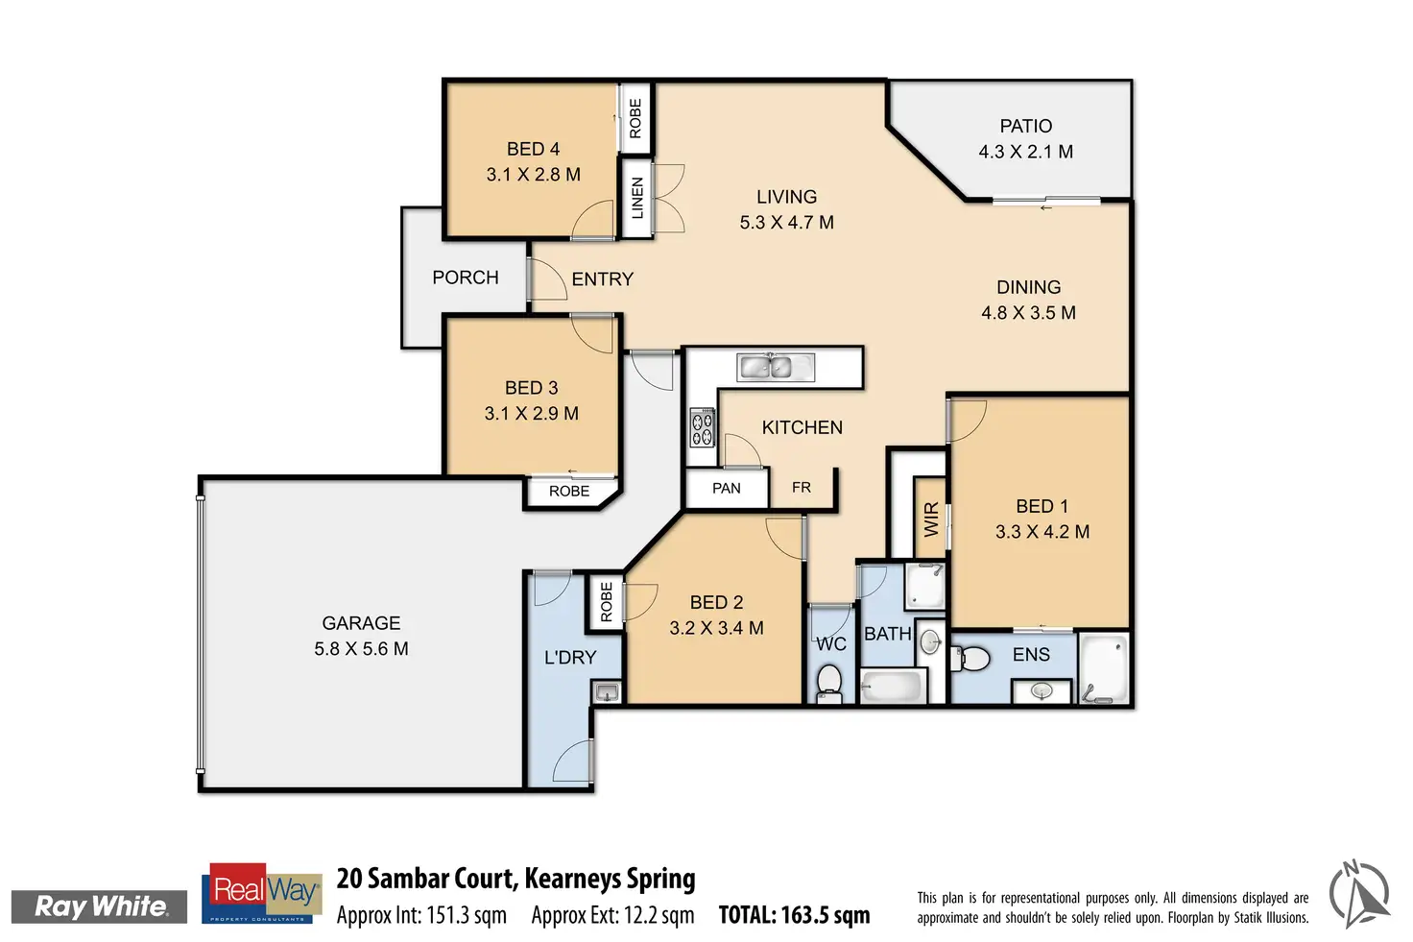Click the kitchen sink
pyautogui.click(x=776, y=367)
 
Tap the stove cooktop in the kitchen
pyautogui.click(x=702, y=427)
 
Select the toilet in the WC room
pyautogui.click(x=829, y=684)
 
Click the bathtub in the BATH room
pyautogui.click(x=893, y=687)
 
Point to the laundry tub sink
pyautogui.click(x=606, y=690)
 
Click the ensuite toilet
pyautogui.click(x=971, y=660)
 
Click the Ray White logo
pyautogui.click(x=100, y=906)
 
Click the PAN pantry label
pyautogui.click(x=726, y=488)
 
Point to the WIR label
pyautogui.click(x=931, y=520)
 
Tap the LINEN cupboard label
pyautogui.click(x=637, y=198)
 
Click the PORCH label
pyautogui.click(x=465, y=278)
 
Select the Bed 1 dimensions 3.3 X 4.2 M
pyautogui.click(x=1042, y=532)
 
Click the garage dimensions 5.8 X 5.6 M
pyautogui.click(x=361, y=649)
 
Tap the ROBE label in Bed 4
pyautogui.click(x=635, y=118)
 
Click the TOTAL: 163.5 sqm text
pyautogui.click(x=794, y=915)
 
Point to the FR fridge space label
pyautogui.click(x=802, y=488)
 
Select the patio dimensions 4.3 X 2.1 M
pyautogui.click(x=1025, y=152)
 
